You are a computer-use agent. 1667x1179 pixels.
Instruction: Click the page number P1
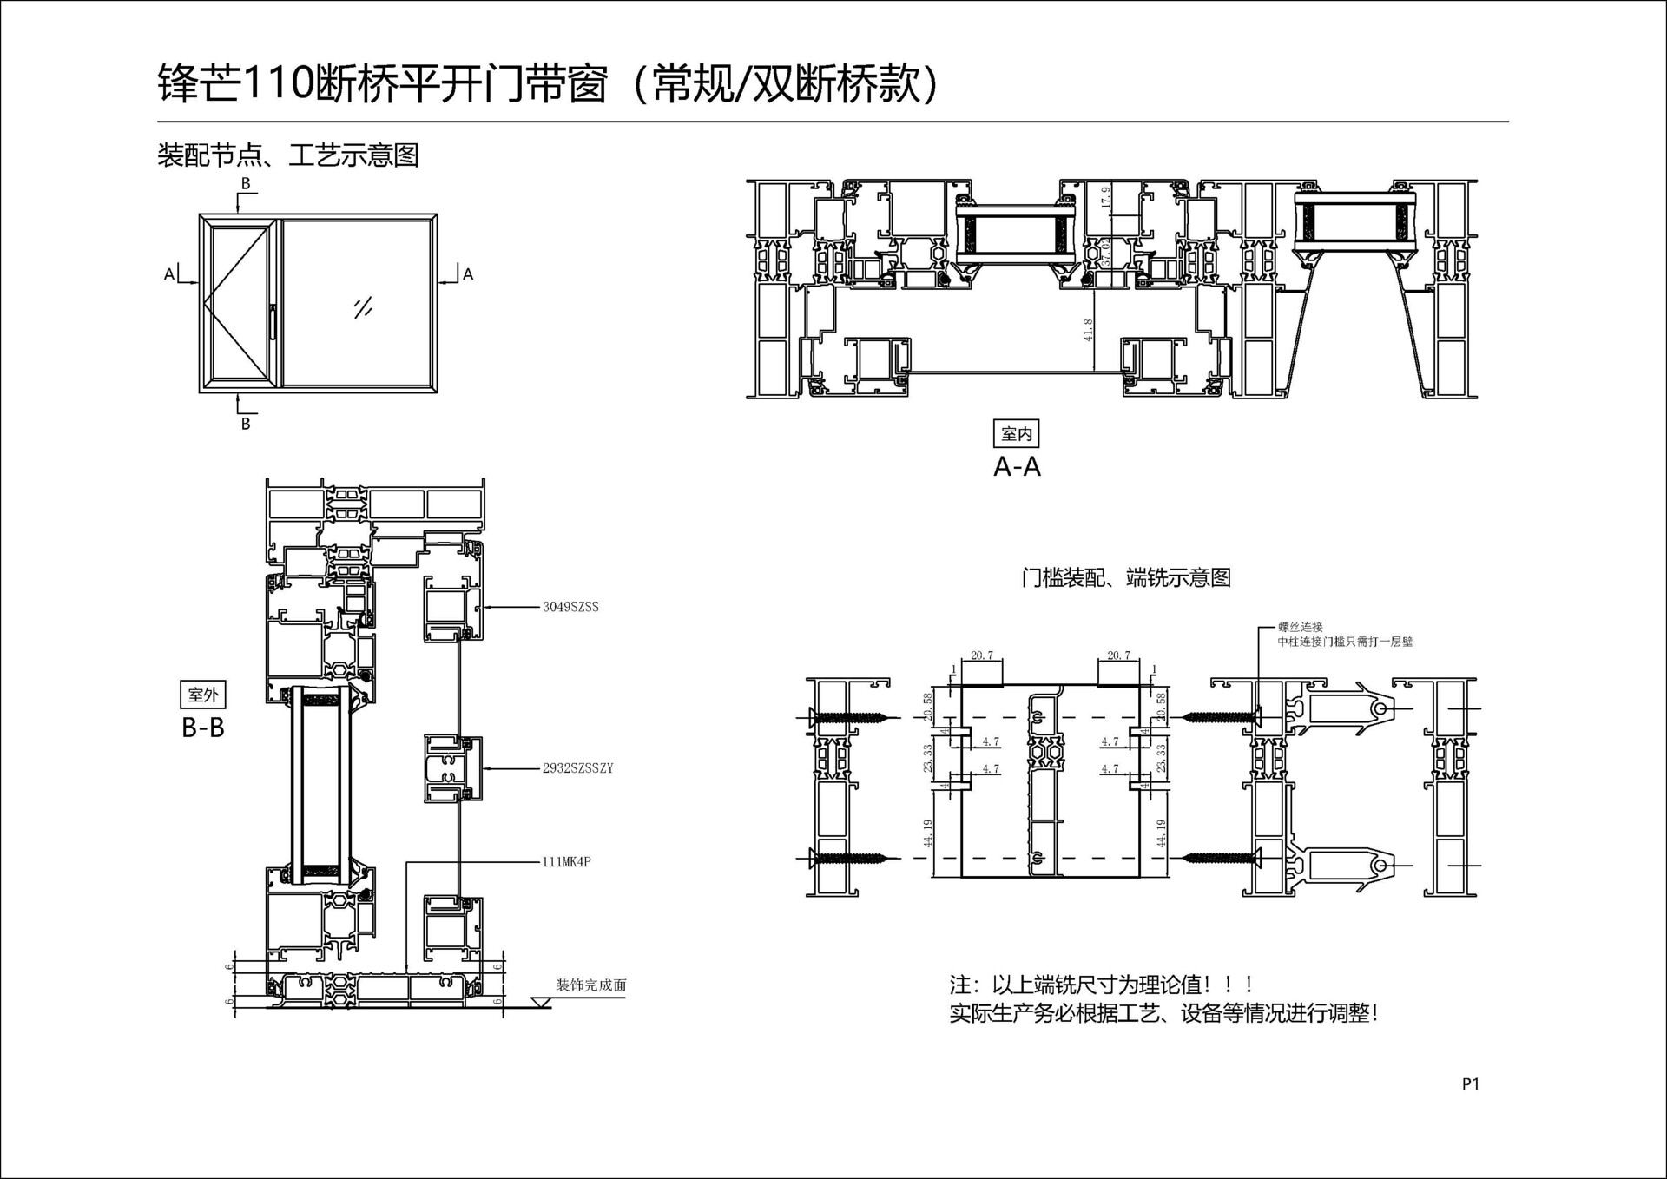click(x=1470, y=1083)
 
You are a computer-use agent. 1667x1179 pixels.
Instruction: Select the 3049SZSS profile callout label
click(x=570, y=607)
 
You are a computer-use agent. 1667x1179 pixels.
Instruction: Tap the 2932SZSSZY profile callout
click(x=577, y=768)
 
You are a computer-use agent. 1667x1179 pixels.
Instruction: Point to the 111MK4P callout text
click(x=566, y=862)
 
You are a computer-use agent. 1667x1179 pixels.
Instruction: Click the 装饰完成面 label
click(x=590, y=985)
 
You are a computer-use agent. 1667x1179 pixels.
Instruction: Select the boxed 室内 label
click(x=1016, y=433)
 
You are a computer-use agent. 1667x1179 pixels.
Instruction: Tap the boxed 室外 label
click(x=203, y=695)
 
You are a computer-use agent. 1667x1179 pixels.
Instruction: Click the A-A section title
click(x=1017, y=467)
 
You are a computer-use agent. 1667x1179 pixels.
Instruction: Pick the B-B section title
click(x=203, y=728)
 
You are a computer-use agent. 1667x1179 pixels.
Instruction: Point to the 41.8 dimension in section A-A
click(x=1089, y=330)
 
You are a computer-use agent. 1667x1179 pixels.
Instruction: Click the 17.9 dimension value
click(x=1105, y=197)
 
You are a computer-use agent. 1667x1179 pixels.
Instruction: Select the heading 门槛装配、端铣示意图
click(x=1126, y=577)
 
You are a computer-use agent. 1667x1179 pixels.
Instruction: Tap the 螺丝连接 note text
click(x=1300, y=627)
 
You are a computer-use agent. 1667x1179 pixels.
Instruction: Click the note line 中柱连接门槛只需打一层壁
click(x=1345, y=642)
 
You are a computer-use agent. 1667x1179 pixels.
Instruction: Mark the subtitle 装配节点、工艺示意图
click(x=288, y=155)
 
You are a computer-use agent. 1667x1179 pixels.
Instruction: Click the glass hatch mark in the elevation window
click(x=363, y=307)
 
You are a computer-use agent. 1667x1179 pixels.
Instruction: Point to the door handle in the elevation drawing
click(x=272, y=321)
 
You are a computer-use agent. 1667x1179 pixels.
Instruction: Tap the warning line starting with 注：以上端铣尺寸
click(x=1103, y=985)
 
